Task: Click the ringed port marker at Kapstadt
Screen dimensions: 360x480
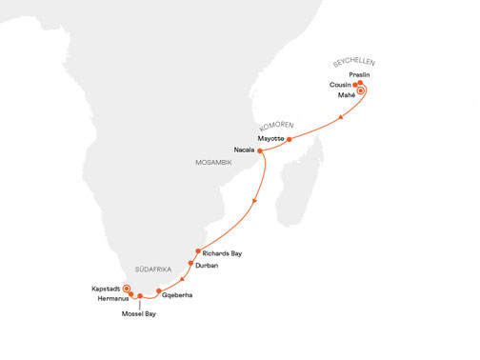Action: point(127,285)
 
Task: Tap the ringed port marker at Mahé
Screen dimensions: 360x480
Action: point(361,91)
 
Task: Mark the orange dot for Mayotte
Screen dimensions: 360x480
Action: point(290,139)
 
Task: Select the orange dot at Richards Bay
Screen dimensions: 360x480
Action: point(198,251)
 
